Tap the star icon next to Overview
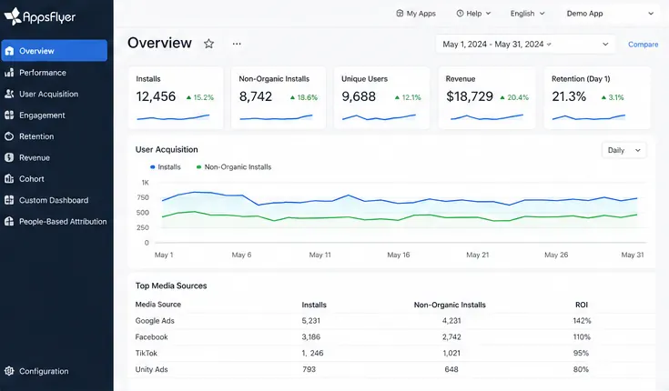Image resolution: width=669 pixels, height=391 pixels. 208,44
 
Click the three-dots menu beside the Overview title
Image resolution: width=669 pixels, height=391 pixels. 237,44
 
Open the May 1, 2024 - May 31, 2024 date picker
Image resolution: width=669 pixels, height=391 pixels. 525,44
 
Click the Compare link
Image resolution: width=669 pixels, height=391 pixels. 643,45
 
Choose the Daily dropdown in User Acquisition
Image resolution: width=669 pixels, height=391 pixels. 623,150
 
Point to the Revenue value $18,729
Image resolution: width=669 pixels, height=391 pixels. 470,96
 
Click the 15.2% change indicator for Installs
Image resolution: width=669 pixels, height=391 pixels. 200,97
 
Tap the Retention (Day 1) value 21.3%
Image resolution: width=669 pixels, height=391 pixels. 569,96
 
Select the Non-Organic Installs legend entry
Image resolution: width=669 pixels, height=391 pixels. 234,166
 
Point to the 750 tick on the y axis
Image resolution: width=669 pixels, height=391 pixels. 143,197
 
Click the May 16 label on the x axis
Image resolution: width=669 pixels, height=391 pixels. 398,255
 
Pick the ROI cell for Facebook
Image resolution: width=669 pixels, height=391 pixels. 582,336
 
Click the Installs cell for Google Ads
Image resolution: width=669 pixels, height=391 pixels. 310,321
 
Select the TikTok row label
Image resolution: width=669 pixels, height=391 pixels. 146,353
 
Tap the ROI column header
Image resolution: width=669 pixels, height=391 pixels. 582,305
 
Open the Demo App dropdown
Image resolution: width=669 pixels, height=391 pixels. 610,14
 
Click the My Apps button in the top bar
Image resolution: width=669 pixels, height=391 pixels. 416,14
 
